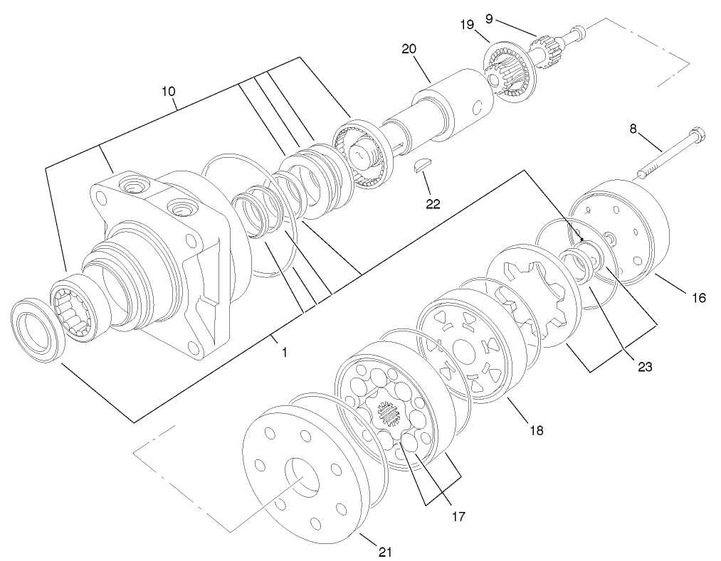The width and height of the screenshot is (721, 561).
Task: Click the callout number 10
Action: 168,92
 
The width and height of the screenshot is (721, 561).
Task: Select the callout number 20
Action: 409,49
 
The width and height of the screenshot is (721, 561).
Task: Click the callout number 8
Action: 633,129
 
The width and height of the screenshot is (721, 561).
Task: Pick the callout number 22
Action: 433,204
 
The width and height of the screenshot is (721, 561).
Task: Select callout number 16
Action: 698,297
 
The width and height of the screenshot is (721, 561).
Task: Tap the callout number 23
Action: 645,367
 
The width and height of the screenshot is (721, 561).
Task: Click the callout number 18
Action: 536,429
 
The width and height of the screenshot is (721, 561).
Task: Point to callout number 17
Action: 458,516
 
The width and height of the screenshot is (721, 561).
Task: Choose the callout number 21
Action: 385,551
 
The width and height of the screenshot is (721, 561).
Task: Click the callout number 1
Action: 284,352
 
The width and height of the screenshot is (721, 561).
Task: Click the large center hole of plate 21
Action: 302,476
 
